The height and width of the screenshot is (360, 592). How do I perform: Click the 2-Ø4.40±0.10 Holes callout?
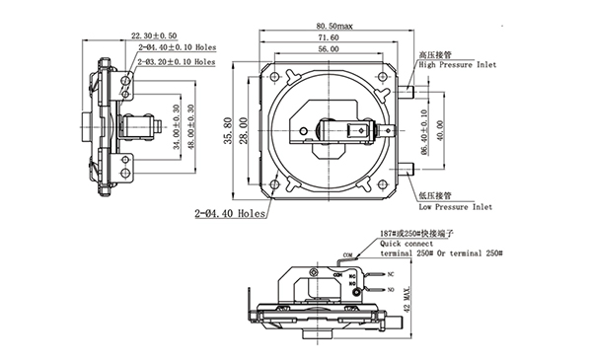tap(177, 48)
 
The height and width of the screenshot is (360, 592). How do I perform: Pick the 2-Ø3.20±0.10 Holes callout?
tap(177, 61)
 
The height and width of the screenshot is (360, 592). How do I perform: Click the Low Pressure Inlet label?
tap(455, 208)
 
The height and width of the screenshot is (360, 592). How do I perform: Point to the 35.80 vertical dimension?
tap(229, 128)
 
